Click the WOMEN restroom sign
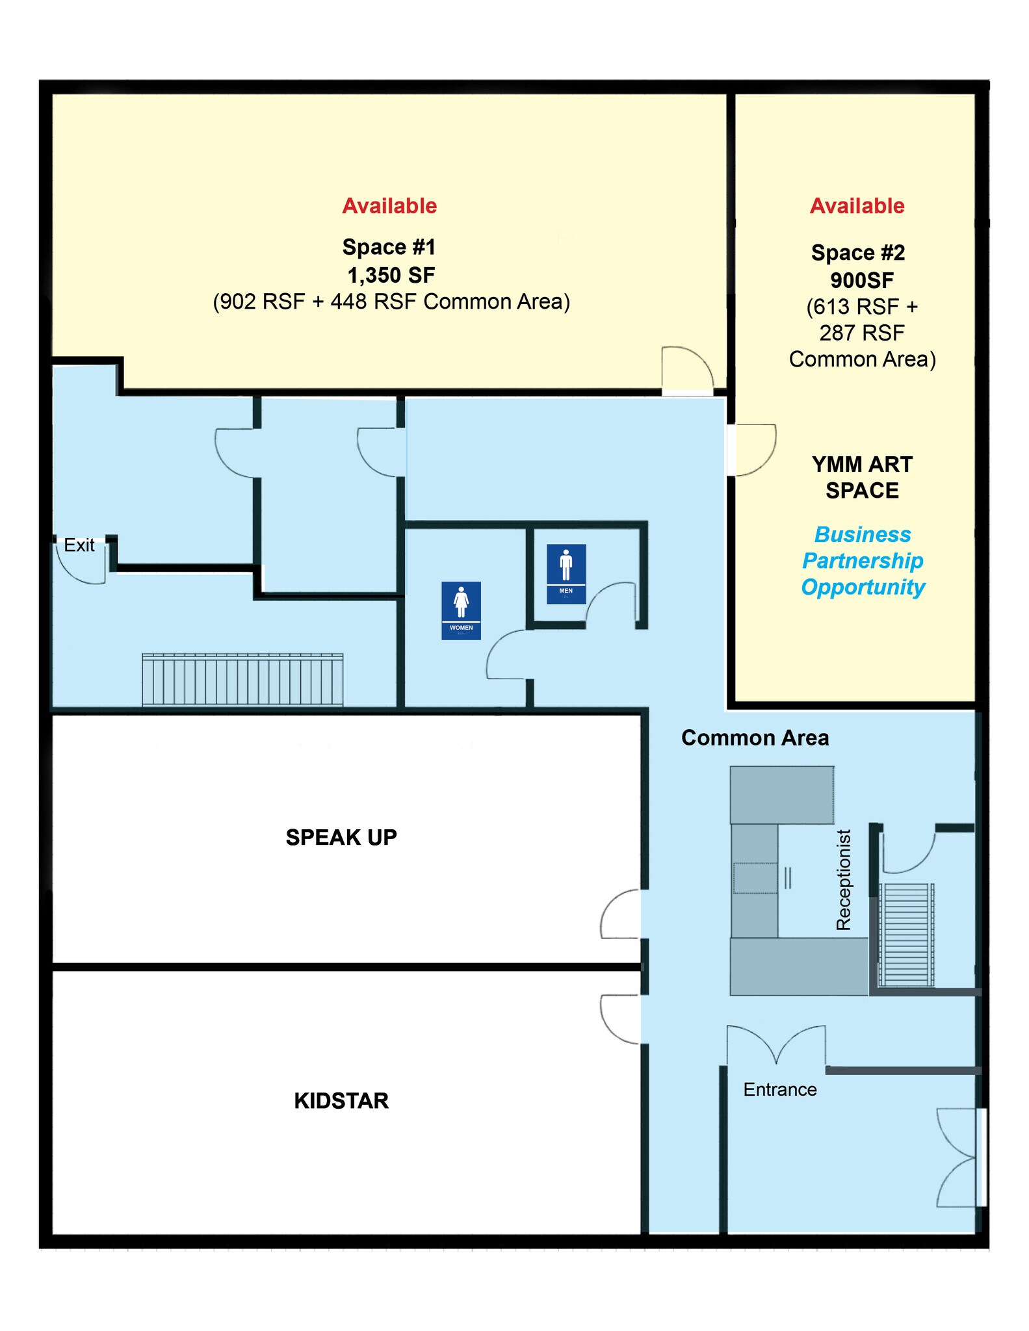click(461, 610)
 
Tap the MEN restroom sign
click(566, 574)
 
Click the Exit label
click(79, 545)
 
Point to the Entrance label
click(780, 1089)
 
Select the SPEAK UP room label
click(341, 837)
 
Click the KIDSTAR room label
click(341, 1100)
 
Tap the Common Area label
click(755, 738)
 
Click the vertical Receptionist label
click(843, 880)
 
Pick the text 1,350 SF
click(391, 275)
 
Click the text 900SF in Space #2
click(862, 280)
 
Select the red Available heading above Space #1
click(389, 206)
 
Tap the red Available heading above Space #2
click(857, 206)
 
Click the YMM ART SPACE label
click(862, 477)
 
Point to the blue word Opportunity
click(863, 588)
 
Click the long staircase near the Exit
click(242, 680)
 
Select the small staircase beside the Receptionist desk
click(906, 935)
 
